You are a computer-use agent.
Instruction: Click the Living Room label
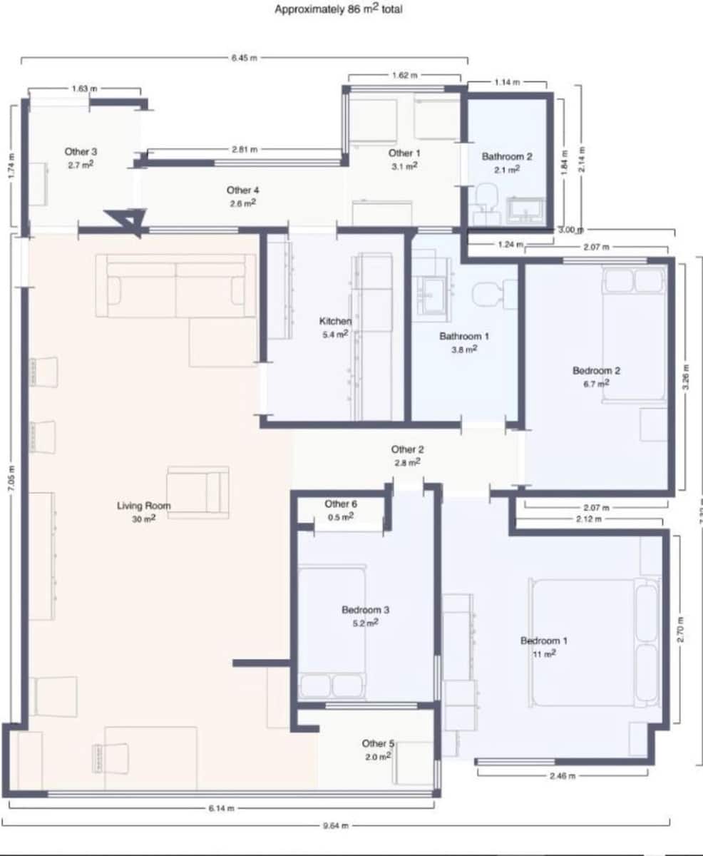pos(144,506)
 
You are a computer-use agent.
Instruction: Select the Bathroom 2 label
pos(507,156)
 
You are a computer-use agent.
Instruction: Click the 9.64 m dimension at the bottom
pos(334,825)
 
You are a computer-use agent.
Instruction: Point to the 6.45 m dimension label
pos(244,58)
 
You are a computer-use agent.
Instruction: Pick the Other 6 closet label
pos(341,504)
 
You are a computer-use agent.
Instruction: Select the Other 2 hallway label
pos(407,449)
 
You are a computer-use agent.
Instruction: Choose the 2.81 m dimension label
pos(245,150)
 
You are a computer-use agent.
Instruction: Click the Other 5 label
pos(378,743)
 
